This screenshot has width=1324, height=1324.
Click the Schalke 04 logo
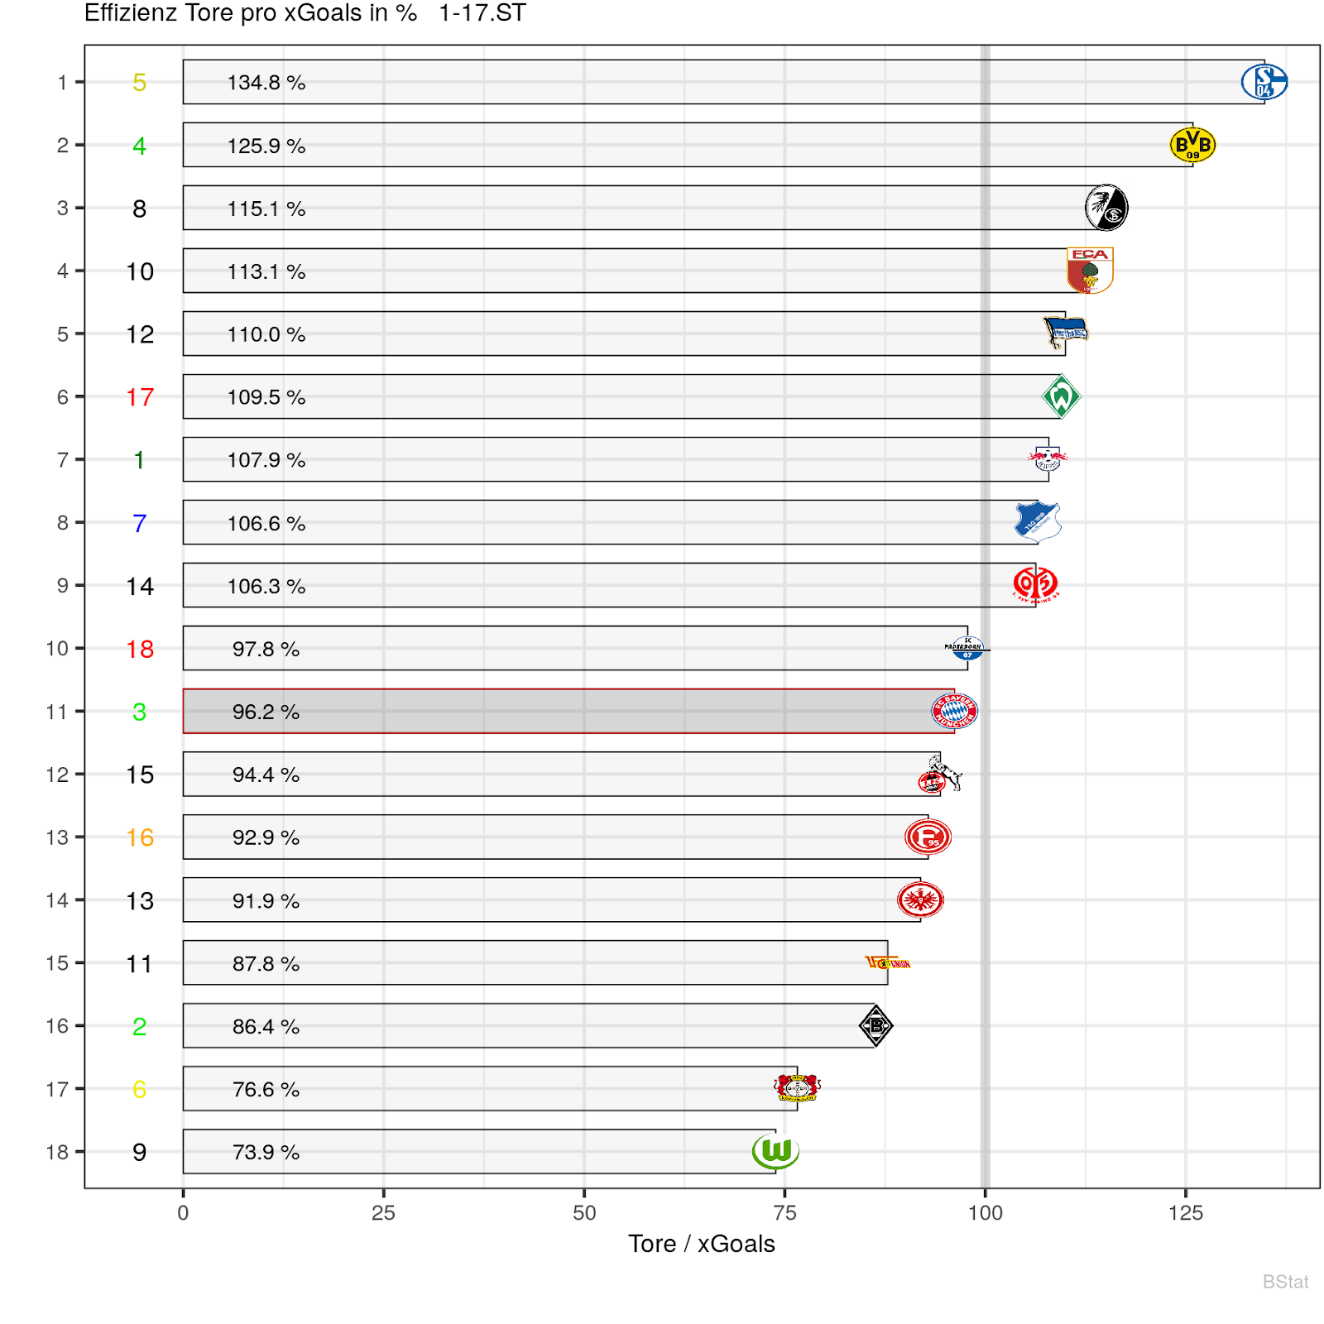(1264, 81)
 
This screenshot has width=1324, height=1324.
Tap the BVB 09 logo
(1192, 145)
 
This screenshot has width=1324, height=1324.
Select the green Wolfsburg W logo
(775, 1151)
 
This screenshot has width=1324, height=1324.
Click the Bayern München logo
(954, 711)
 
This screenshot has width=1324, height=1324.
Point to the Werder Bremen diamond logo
(1061, 396)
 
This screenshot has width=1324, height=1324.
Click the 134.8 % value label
(266, 83)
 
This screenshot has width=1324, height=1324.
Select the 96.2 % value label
(266, 712)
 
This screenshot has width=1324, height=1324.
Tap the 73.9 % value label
(266, 1152)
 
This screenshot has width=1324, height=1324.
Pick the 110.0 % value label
(266, 334)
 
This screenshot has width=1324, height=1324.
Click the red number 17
(140, 397)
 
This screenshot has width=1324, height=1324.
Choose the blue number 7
(140, 523)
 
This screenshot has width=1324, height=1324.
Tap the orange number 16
(140, 837)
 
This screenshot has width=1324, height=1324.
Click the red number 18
(140, 649)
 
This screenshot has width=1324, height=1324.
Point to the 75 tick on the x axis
(784, 1213)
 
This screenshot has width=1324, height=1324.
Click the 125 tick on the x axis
(1185, 1213)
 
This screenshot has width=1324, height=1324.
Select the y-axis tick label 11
(56, 712)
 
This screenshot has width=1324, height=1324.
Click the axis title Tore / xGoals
(701, 1244)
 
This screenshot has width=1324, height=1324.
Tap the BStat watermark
(1285, 1282)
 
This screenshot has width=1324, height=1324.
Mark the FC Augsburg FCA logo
(1090, 271)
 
